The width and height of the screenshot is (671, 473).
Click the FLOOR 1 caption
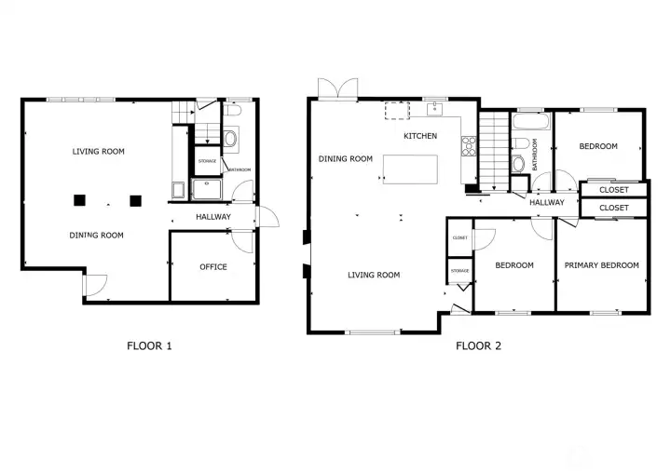click(x=149, y=346)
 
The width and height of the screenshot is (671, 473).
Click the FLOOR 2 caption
click(x=478, y=346)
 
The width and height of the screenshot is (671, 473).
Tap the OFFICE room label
click(x=213, y=267)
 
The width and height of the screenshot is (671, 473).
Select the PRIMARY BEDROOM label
click(x=602, y=265)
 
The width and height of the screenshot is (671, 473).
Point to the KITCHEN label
click(x=420, y=136)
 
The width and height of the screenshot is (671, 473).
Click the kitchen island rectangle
click(x=410, y=169)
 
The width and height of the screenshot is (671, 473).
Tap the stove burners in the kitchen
click(x=470, y=146)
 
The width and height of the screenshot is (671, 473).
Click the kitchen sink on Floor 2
click(x=435, y=110)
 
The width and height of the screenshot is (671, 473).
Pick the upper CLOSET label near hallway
click(x=613, y=190)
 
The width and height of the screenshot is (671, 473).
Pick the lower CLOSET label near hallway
click(x=613, y=208)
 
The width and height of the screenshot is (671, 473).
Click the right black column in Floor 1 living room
click(x=136, y=198)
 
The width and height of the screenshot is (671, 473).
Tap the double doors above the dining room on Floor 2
click(x=335, y=89)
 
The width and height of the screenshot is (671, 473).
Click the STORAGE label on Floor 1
click(x=206, y=161)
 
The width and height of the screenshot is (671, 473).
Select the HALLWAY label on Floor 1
click(x=213, y=217)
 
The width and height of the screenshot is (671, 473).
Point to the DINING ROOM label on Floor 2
click(x=346, y=159)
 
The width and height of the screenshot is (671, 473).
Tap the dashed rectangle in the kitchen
click(x=397, y=111)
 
